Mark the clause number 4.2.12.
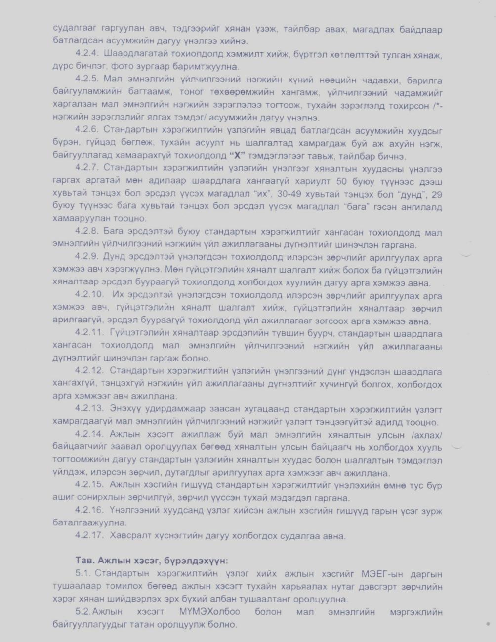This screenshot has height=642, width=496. pyautogui.click(x=89, y=371)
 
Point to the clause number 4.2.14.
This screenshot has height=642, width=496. pyautogui.click(x=89, y=435)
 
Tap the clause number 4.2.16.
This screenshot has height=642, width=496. pyautogui.click(x=89, y=510)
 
